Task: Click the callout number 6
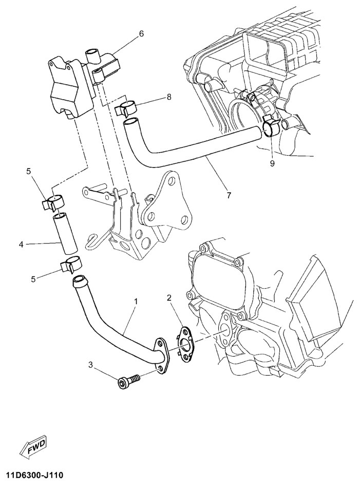click(x=141, y=33)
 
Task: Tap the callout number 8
click(x=168, y=97)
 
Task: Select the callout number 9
click(x=272, y=163)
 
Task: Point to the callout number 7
click(x=229, y=195)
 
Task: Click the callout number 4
click(x=21, y=245)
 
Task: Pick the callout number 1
click(x=136, y=301)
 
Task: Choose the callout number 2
click(x=169, y=297)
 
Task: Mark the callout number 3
click(x=90, y=365)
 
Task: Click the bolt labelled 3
click(x=129, y=381)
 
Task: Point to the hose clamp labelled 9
click(x=272, y=126)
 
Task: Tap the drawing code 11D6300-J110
click(x=34, y=475)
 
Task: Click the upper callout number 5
click(x=29, y=172)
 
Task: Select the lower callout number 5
click(x=33, y=279)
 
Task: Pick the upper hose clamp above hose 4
click(x=53, y=202)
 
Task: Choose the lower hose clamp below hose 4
click(x=71, y=264)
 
